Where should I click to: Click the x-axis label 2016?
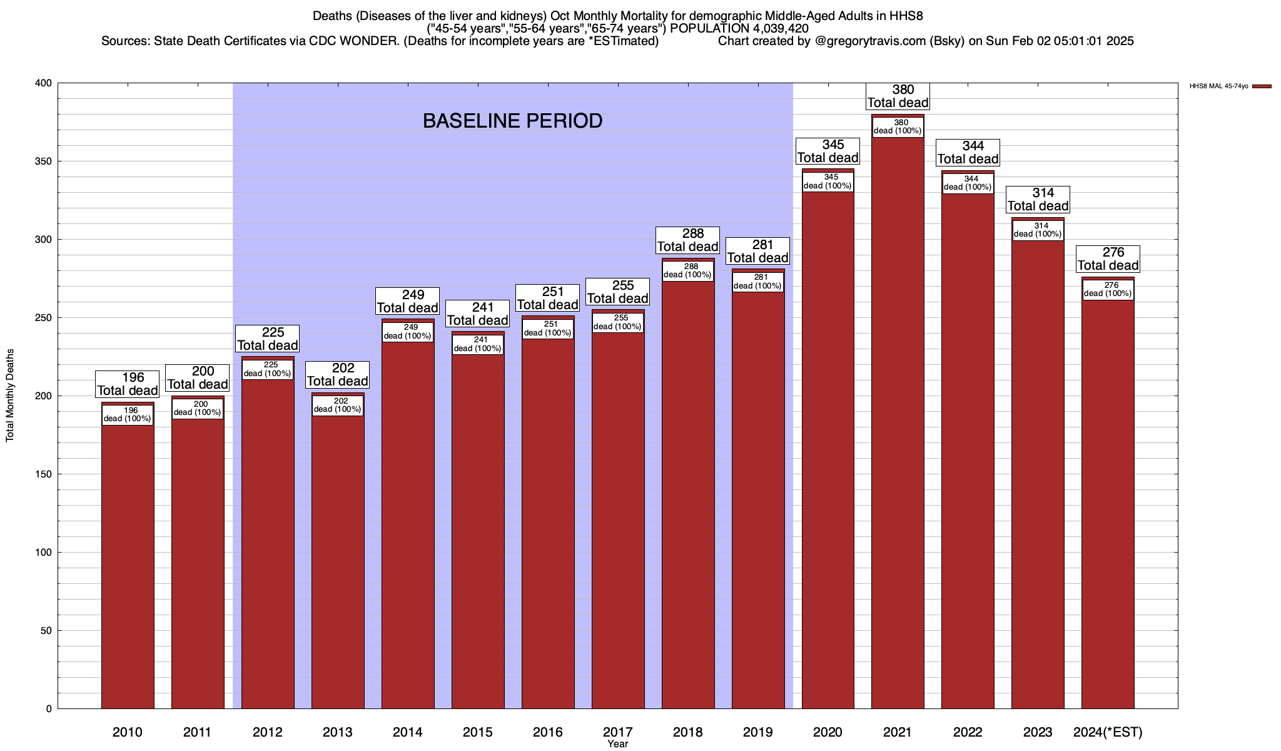547,732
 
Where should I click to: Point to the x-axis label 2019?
757,732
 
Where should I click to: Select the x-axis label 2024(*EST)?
1108,732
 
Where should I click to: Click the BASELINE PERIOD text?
512,121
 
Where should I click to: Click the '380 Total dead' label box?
898,96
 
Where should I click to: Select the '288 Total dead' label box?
687,240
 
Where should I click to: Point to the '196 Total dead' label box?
128,384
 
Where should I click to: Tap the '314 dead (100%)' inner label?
1038,230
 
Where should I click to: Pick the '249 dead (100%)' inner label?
408,332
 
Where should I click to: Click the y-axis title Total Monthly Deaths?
10,396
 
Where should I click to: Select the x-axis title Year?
617,744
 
